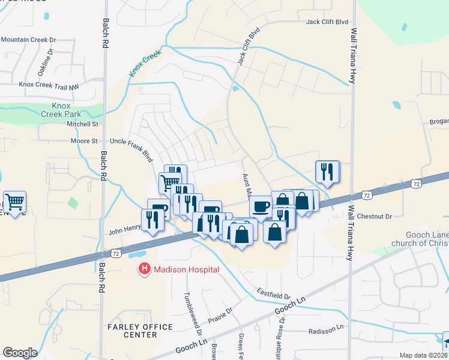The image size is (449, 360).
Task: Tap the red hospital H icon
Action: click(x=144, y=270)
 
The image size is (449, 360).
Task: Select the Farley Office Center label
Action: click(x=140, y=331)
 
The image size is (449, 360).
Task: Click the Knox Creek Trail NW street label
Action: click(x=49, y=86)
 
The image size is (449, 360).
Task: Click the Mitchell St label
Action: click(x=82, y=124)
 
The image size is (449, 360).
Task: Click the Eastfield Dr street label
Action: click(x=274, y=293)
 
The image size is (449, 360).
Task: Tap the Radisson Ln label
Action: click(x=325, y=331)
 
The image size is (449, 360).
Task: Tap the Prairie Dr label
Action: click(x=221, y=313)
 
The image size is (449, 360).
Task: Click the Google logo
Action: click(x=20, y=353)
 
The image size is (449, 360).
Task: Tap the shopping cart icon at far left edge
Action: click(x=14, y=202)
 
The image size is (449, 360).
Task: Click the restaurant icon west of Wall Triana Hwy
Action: click(x=327, y=172)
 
